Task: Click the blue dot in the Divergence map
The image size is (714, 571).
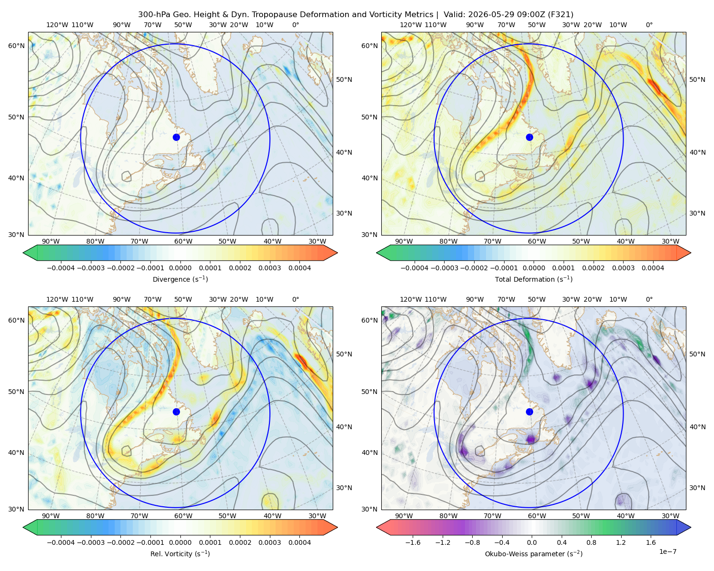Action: click(x=176, y=138)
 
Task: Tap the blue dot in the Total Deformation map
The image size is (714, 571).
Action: click(x=529, y=138)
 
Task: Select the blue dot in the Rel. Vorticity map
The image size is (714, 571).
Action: click(x=176, y=412)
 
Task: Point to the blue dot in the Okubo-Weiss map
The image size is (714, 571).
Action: click(x=529, y=412)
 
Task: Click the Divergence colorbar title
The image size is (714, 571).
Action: click(x=180, y=279)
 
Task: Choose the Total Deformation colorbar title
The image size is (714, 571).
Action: click(x=534, y=279)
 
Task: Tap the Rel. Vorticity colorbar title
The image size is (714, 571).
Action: click(x=180, y=554)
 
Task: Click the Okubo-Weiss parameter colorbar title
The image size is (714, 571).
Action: click(x=534, y=554)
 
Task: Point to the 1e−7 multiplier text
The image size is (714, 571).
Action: click(x=667, y=551)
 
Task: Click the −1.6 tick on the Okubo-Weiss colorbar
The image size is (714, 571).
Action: click(x=413, y=542)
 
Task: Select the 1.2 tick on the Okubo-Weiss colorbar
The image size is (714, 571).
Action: click(x=621, y=542)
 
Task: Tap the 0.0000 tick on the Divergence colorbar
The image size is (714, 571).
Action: click(x=180, y=268)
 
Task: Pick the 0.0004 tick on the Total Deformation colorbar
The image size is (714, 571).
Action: click(x=653, y=268)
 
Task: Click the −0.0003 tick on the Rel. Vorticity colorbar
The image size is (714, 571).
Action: click(x=90, y=542)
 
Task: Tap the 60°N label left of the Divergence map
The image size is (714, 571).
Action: click(x=16, y=46)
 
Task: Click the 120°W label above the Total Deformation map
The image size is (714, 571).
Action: click(x=410, y=25)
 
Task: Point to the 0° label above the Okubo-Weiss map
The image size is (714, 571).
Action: click(x=649, y=299)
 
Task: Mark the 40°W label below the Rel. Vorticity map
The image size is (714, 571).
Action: click(x=272, y=516)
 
